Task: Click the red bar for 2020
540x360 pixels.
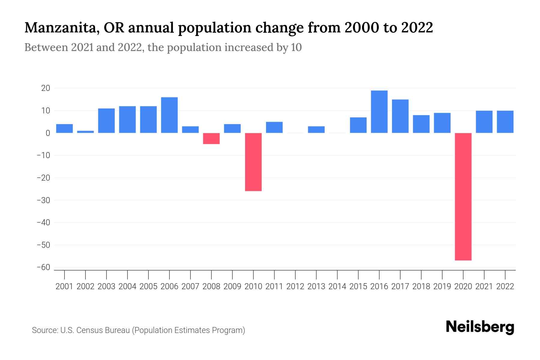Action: pos(463,196)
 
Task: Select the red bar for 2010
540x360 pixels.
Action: pos(253,162)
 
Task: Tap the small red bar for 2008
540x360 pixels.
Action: pos(211,139)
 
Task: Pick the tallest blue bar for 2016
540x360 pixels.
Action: pos(379,112)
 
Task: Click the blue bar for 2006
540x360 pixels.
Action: pos(169,115)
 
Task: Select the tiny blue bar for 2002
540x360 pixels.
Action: pos(85,132)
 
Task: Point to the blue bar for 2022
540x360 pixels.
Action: pos(505,122)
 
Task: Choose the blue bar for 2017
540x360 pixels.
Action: pos(400,116)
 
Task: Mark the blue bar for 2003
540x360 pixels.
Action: pos(106,121)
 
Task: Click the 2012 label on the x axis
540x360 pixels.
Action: pos(295,286)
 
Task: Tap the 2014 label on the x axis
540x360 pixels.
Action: pos(337,286)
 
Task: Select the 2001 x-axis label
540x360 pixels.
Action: pos(64,286)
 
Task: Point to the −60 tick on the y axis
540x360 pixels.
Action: pos(43,267)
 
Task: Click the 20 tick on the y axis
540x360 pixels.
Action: pos(46,88)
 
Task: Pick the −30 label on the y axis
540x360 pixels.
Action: pos(43,200)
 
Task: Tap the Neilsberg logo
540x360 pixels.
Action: pos(480,327)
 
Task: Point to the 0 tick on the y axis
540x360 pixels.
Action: pos(48,133)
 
